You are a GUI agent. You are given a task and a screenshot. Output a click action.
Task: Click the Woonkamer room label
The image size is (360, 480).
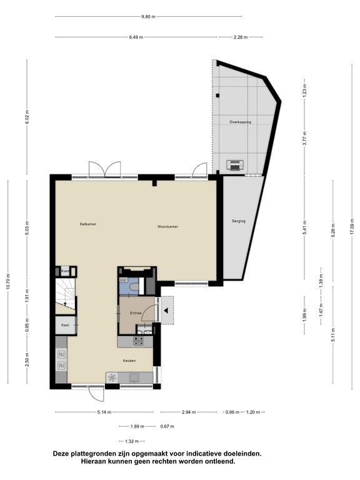click(167, 227)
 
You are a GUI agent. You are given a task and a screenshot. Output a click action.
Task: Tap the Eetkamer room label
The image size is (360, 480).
click(88, 224)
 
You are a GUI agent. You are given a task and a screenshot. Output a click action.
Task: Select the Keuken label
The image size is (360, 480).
click(129, 361)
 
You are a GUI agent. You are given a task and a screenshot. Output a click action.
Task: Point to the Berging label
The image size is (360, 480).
click(239, 221)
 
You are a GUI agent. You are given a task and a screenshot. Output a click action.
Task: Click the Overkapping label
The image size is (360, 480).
click(240, 122)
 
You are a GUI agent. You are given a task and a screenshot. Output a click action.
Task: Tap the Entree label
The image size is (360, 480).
click(136, 313)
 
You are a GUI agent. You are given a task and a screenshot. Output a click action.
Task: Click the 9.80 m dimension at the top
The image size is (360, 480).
click(148, 17)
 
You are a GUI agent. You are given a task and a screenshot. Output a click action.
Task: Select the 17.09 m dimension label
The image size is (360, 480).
click(352, 226)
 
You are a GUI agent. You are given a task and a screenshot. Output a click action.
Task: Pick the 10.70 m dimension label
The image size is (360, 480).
click(8, 282)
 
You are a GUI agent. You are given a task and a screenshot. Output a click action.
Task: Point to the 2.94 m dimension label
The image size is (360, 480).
click(189, 412)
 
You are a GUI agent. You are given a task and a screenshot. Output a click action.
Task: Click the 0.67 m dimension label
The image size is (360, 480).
click(167, 426)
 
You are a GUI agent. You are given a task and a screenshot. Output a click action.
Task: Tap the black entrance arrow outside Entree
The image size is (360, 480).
click(166, 311)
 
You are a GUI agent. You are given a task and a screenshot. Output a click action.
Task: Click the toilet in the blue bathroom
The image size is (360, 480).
click(134, 287)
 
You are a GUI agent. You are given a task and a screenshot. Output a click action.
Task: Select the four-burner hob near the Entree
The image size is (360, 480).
click(138, 341)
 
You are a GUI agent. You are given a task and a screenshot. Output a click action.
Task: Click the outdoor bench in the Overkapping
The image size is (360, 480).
click(235, 165)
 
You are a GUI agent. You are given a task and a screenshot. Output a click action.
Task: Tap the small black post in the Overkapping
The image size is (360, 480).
click(217, 96)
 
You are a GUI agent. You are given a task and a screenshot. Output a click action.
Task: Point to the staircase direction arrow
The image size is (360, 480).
click(65, 303)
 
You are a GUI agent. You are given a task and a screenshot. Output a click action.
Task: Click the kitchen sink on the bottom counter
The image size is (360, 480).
click(134, 377)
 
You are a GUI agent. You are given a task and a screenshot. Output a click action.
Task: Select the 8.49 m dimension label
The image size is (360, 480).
click(136, 37)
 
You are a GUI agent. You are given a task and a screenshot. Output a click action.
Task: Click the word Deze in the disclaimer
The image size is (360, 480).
click(61, 454)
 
